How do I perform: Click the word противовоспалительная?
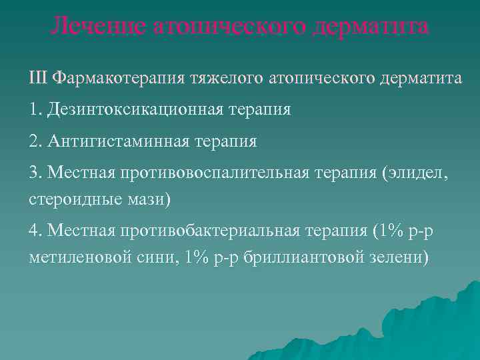point(215,173)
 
